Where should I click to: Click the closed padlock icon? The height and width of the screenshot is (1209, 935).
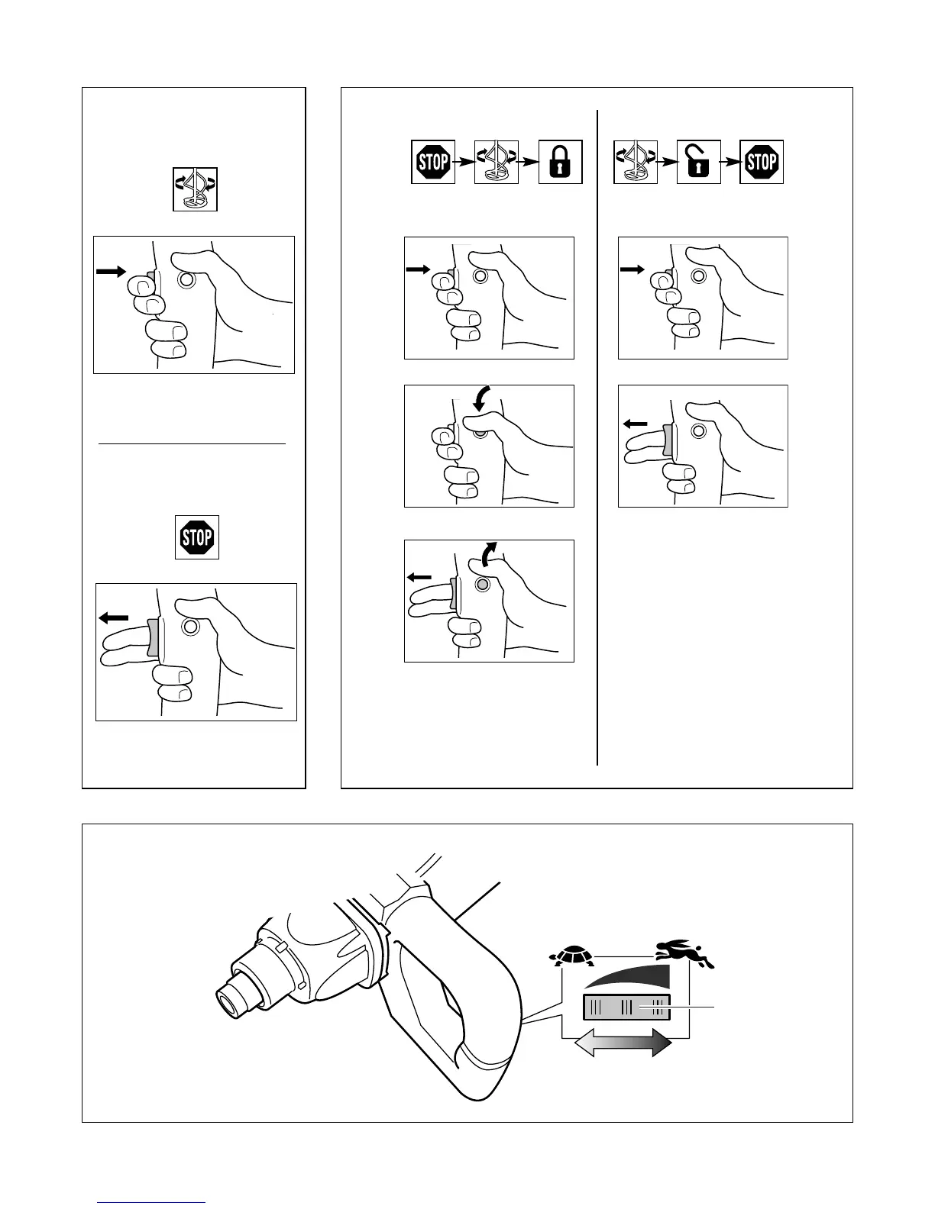[560, 162]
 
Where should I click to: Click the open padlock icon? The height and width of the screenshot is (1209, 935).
[699, 162]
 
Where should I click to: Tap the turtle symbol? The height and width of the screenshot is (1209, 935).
[574, 955]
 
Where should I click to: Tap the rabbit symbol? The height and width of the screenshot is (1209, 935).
[684, 954]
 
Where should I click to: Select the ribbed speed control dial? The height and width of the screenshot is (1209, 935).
[626, 1008]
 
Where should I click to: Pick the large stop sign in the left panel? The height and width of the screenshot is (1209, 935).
[197, 537]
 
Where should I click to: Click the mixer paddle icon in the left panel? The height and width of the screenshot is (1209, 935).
[195, 189]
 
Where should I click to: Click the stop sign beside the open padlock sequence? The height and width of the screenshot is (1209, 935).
[762, 162]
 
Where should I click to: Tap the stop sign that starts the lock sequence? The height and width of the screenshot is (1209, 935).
[433, 162]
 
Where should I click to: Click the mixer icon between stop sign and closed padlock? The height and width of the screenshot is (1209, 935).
[497, 162]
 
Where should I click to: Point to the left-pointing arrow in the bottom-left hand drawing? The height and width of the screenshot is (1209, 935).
[114, 617]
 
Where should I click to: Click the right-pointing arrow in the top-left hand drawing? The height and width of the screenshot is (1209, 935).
[111, 271]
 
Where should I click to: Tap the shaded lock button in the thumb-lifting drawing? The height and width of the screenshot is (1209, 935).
[482, 585]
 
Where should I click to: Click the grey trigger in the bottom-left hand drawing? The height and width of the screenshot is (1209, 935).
[154, 638]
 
